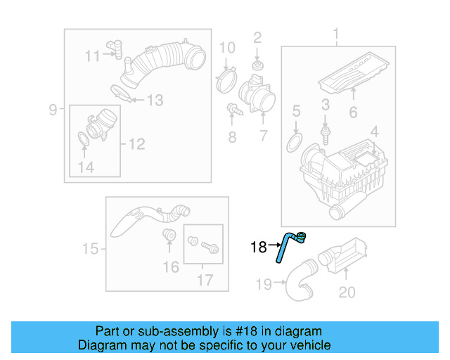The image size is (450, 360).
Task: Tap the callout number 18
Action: [259, 247]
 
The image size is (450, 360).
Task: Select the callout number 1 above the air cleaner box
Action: [335, 34]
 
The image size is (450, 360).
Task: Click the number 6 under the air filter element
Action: [353, 112]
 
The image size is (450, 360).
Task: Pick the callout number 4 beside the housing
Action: [375, 131]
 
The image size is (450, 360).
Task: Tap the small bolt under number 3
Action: [325, 131]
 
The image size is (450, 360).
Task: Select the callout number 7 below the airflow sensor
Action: [262, 136]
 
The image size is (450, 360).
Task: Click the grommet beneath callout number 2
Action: [257, 65]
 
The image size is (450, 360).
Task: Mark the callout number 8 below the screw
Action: [233, 137]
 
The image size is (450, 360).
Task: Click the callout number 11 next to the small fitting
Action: [93, 56]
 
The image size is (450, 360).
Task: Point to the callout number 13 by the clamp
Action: [154, 101]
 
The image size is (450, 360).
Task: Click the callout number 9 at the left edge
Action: [53, 109]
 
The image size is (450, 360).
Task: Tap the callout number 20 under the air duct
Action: [347, 291]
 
